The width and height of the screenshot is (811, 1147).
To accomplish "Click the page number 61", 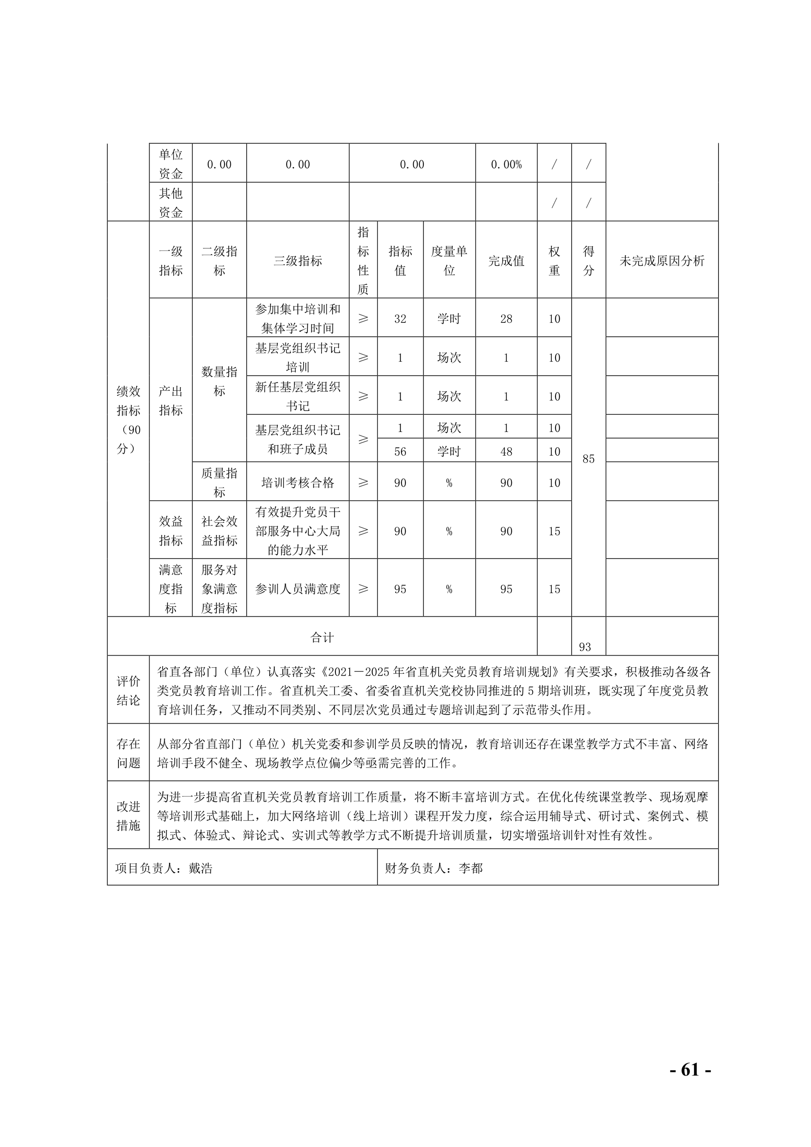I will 690,1070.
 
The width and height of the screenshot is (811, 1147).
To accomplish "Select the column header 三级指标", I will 297,261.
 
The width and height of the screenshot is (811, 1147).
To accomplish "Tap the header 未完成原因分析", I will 662,261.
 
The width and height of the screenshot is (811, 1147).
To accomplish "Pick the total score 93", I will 585,647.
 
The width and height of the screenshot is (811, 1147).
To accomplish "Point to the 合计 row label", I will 322,637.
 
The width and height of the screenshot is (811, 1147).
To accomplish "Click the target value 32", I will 400,319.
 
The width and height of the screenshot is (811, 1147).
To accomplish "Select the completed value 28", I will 506,319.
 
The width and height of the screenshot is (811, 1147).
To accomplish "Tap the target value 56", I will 400,452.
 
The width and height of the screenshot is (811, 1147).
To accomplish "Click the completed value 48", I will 506,452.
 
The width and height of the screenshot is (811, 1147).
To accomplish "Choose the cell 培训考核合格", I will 297,482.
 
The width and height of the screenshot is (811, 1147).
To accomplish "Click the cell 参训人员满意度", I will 297,589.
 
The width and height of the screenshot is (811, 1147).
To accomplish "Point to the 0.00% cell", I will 506,164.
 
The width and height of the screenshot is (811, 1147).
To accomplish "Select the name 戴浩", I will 200,868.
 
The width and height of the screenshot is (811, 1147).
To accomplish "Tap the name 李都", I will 470,868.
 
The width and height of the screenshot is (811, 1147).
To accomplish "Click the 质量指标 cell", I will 219,482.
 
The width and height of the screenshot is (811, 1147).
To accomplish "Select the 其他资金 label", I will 170,202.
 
